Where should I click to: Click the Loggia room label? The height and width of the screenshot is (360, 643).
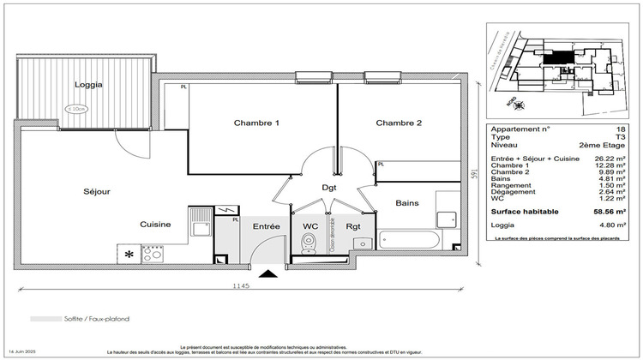pyautogui.click(x=88, y=85)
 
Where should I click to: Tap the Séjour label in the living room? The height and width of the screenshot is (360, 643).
pyautogui.click(x=96, y=192)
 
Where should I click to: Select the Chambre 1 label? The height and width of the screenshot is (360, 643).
pyautogui.click(x=256, y=123)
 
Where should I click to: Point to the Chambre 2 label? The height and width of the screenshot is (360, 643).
pyautogui.click(x=399, y=123)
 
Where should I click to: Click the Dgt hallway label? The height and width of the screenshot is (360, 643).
pyautogui.click(x=329, y=186)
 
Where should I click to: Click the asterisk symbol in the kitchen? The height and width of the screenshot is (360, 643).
pyautogui.click(x=129, y=254)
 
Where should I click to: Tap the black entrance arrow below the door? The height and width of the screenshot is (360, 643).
pyautogui.click(x=269, y=275)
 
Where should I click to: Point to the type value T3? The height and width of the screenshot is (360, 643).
pyautogui.click(x=621, y=137)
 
